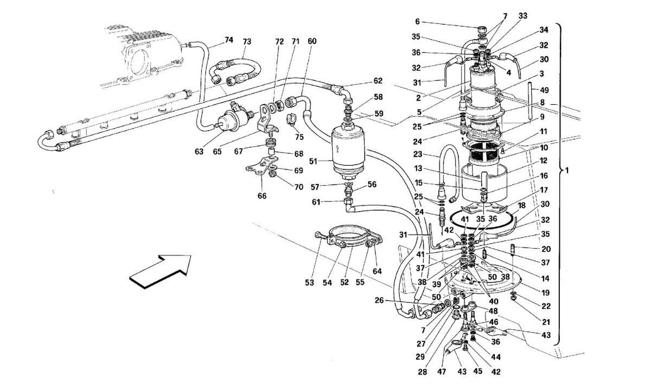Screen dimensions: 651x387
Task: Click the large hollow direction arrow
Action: (x=161, y=271)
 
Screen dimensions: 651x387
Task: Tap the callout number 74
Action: (x=229, y=40)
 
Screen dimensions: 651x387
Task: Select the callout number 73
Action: (x=246, y=42)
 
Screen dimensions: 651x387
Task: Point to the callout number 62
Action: (x=378, y=80)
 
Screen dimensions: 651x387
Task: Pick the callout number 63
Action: (x=199, y=151)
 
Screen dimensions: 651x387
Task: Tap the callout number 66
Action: (x=262, y=196)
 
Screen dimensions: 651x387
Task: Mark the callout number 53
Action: (x=310, y=282)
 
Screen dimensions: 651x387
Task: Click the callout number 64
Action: (x=377, y=271)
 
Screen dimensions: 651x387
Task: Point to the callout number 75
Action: (x=299, y=137)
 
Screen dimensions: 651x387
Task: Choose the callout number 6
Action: (x=418, y=22)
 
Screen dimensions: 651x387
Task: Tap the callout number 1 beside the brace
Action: (x=567, y=170)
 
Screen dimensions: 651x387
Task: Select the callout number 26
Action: (x=379, y=300)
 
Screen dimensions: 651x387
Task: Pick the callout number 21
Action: (x=546, y=322)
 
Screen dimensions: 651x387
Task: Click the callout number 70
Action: (x=299, y=187)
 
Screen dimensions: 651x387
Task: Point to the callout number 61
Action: (x=316, y=202)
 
